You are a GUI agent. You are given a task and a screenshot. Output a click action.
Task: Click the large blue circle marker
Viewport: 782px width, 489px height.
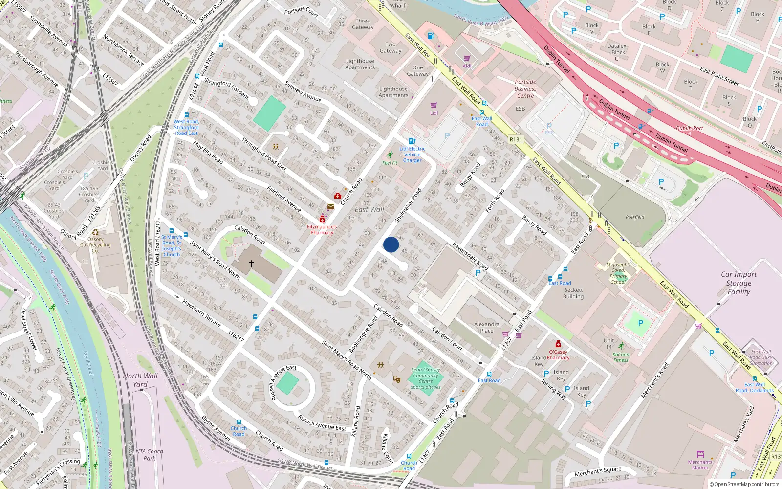click(391, 244)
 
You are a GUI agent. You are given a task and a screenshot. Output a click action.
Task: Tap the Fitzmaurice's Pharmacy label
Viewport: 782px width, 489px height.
click(322, 229)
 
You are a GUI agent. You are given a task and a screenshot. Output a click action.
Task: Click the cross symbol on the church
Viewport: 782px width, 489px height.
click(252, 264)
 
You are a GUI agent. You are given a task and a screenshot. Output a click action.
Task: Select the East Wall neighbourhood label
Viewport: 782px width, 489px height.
click(369, 210)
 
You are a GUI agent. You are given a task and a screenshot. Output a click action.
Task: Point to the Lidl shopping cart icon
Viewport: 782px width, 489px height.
click(434, 106)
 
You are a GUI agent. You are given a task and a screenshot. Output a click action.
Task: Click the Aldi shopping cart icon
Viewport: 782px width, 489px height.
click(467, 58)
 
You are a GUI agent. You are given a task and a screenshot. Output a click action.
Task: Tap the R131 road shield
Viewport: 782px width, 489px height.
click(516, 139)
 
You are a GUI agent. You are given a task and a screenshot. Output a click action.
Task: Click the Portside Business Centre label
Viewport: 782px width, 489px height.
click(525, 89)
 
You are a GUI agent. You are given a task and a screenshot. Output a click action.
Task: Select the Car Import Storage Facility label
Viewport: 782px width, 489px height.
click(739, 283)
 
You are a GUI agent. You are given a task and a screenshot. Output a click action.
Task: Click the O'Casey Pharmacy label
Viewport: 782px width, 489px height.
click(558, 355)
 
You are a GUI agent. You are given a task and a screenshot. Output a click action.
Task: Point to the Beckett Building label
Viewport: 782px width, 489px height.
click(573, 293)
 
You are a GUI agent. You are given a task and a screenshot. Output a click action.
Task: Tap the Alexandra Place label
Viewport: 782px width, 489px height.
click(487, 327)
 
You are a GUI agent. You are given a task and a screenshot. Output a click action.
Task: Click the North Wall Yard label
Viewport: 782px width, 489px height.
click(140, 380)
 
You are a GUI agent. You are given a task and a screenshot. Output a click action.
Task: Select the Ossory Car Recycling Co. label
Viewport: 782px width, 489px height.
click(95, 245)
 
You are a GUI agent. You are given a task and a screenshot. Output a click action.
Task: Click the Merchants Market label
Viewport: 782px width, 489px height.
click(700, 465)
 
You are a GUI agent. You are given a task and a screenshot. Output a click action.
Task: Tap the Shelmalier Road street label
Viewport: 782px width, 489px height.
click(408, 206)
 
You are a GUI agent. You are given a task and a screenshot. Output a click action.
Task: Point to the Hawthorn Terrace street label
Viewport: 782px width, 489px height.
click(201, 313)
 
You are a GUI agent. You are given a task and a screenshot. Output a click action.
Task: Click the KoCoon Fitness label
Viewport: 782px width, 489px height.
click(621, 357)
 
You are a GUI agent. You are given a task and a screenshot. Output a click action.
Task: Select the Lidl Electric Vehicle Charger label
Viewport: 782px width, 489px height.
click(413, 155)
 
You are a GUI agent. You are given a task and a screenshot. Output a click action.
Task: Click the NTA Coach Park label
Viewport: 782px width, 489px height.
click(149, 455)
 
